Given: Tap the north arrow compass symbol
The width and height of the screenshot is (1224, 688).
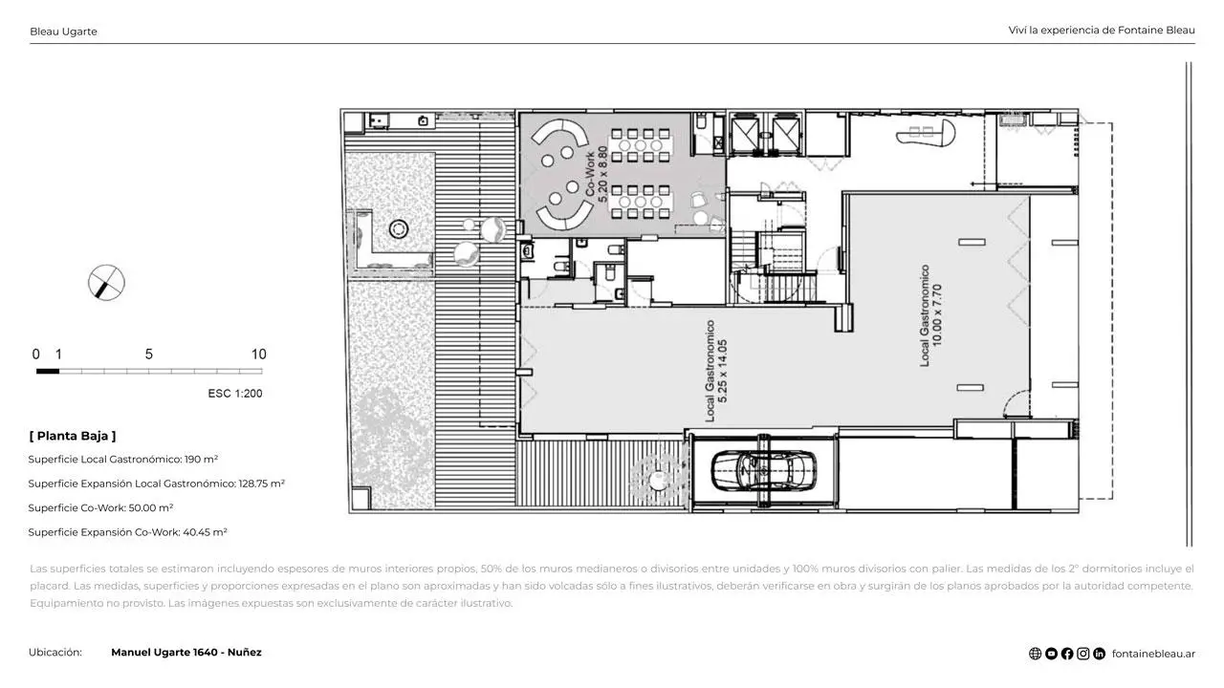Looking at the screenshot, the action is click(106, 283).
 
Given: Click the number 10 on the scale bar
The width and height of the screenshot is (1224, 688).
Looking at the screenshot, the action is click(258, 355).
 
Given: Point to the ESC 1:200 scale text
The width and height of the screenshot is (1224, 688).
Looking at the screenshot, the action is click(235, 393).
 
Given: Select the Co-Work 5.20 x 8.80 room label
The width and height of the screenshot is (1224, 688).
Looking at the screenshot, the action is click(596, 174).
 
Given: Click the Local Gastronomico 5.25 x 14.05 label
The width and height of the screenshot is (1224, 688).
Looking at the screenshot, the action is click(716, 372).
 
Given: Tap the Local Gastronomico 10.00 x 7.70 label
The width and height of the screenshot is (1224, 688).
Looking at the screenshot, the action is click(930, 315).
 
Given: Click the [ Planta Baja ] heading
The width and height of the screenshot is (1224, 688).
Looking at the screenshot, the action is click(73, 436).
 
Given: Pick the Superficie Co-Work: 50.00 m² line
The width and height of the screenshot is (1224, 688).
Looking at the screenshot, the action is click(100, 507).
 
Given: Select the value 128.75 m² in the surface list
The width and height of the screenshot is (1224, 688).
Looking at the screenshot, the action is click(261, 484).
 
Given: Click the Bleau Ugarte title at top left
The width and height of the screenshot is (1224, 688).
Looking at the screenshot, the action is click(63, 32).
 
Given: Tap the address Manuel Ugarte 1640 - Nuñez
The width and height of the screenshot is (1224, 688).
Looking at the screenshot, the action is click(186, 653).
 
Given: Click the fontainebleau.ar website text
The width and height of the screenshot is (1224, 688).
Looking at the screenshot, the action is click(1153, 654).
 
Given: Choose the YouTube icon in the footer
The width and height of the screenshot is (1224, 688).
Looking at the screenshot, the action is click(1051, 654).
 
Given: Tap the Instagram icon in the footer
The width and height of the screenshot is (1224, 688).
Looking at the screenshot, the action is click(1083, 654).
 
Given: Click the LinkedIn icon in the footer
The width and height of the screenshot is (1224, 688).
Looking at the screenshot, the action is click(1099, 654).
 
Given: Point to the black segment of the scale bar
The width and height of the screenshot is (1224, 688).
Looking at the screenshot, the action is click(48, 372).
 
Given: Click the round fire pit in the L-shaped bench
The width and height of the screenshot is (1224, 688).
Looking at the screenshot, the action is click(399, 228).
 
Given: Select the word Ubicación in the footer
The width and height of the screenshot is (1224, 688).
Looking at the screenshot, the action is click(55, 653).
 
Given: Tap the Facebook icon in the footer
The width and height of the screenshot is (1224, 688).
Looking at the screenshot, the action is click(1066, 654).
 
